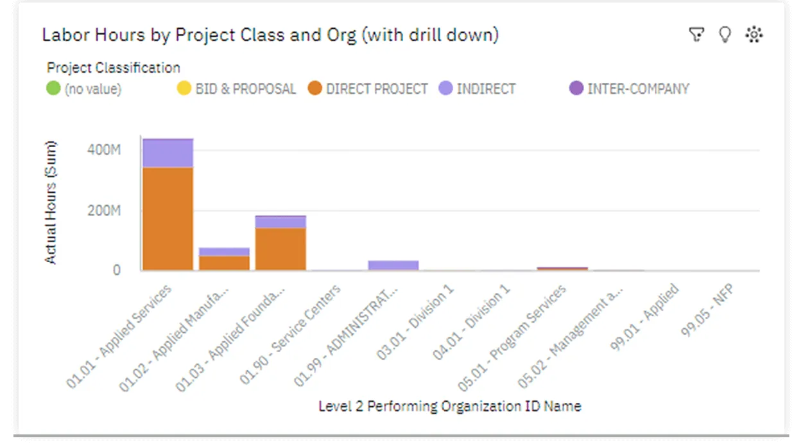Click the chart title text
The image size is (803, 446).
point(270,35)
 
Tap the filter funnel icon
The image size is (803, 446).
point(696,35)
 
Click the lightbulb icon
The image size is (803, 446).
point(725,35)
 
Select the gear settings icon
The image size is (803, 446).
point(754,35)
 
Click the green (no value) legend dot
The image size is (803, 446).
point(54,89)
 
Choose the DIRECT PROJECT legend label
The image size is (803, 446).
point(376,89)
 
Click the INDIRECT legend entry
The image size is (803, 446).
point(485,89)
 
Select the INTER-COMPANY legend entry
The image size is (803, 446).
point(637,89)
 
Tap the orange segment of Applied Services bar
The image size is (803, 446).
point(168,219)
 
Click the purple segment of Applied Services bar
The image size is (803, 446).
point(168,153)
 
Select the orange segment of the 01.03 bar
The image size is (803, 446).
point(281,249)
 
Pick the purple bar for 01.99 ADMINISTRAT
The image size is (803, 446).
point(393,265)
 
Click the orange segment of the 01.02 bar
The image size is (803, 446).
point(224,263)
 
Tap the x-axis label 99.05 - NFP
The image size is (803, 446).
point(709,311)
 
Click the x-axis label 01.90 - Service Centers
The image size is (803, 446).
point(291,334)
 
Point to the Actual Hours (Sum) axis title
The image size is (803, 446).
point(51,202)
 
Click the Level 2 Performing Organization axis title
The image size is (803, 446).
point(449,406)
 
